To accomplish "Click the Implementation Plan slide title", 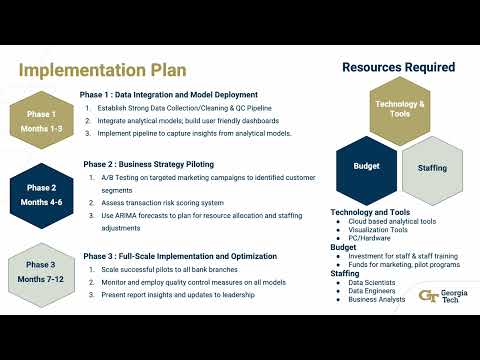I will [102, 71].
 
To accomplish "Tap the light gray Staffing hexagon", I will [432, 168].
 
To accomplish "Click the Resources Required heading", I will [398, 67].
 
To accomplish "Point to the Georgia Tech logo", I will [441, 295].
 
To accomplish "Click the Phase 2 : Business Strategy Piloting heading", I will [149, 164].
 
